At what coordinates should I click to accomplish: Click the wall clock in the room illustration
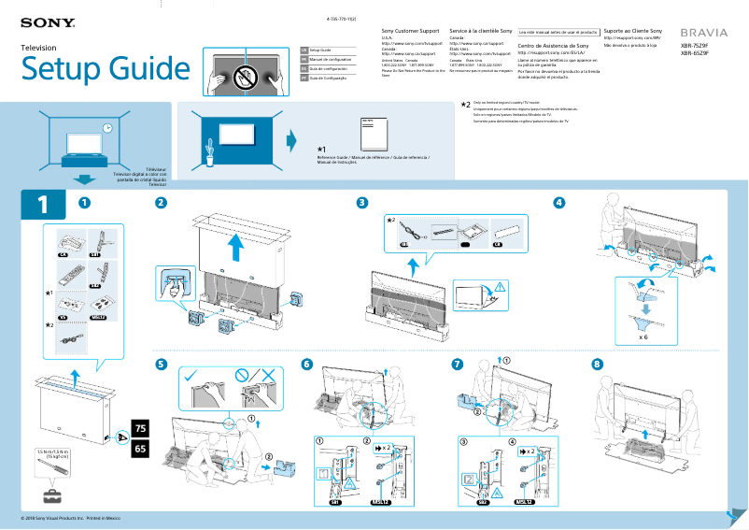107,127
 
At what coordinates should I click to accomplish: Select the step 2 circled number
162,203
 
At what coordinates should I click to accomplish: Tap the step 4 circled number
559,203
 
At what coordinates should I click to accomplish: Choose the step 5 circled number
162,364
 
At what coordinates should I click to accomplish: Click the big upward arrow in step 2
237,247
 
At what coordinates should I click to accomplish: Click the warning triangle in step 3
502,286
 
